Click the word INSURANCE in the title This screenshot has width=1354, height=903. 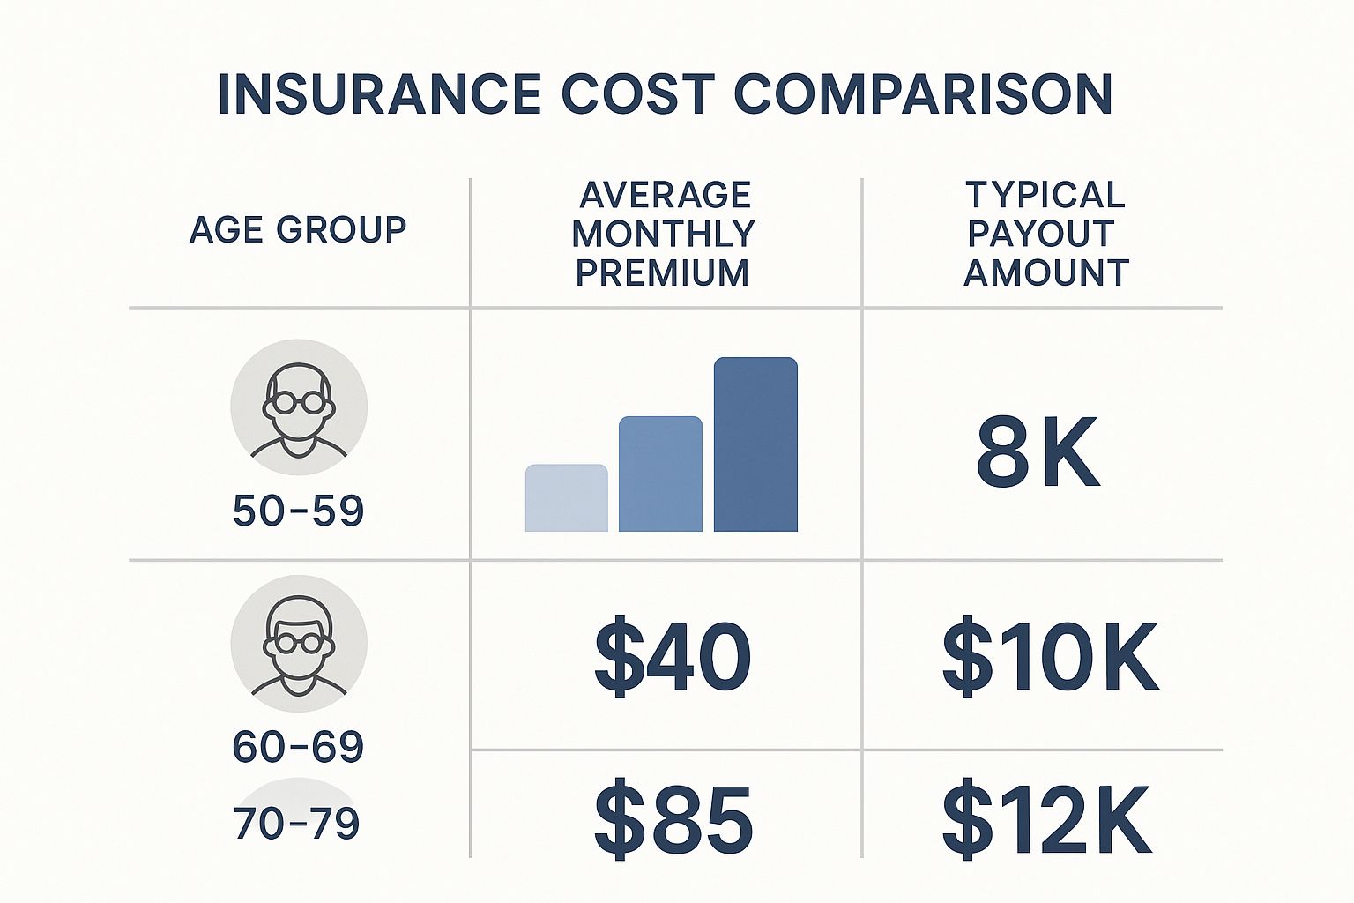pos(379,93)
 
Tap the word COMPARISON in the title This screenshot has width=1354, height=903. pos(923,93)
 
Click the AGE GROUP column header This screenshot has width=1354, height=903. pos(298,230)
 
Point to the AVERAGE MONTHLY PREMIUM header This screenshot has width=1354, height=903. pos(664,234)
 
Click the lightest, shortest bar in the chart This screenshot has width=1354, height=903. pos(566,498)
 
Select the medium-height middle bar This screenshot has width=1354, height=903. pos(660,474)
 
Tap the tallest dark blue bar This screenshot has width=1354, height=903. pos(755,444)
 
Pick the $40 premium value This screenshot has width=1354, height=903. pos(672,657)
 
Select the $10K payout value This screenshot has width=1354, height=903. pos(1049,657)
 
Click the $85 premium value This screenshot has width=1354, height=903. pos(673,818)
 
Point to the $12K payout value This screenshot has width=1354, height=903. pos(1046,818)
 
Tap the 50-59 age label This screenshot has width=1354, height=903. pos(298,511)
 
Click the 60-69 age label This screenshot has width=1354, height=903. pos(298,747)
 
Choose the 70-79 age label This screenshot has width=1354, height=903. pos(296,823)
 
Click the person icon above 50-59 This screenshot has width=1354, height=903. pos(299,408)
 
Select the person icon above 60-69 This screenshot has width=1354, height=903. pos(299,644)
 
